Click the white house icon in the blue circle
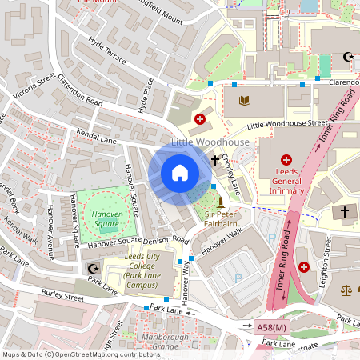179,173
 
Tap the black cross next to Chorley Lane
214,161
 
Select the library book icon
245,100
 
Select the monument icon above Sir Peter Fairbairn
221,200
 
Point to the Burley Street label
64,297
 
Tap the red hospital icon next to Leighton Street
304,266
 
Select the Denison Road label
166,240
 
